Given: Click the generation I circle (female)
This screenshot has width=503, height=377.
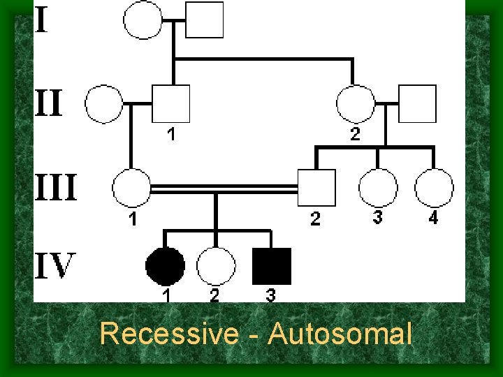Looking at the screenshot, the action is (143, 19).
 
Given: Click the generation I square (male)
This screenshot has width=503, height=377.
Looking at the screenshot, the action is (205, 19).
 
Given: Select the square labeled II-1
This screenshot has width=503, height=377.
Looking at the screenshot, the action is (171, 104).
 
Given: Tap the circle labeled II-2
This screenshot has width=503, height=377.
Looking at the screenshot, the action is (356, 104).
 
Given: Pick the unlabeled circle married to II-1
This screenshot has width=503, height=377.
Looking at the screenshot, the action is (103, 104).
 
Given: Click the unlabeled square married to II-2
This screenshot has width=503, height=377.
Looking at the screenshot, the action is (417, 104).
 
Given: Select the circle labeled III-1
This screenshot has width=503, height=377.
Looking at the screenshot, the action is (131, 188).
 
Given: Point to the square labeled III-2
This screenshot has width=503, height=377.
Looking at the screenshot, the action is (316, 188).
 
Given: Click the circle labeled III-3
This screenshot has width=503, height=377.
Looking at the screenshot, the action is (378, 188).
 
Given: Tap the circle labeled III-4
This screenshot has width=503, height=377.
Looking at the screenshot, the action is (434, 188).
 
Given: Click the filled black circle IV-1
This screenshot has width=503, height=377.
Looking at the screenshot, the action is (166, 267).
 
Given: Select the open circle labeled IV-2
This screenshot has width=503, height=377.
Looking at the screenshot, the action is (216, 267).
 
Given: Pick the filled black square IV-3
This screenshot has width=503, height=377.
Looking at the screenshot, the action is (272, 267).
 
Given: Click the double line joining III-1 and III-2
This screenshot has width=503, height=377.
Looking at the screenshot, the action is (224, 188).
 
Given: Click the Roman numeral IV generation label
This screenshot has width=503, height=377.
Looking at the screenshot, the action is (55, 266).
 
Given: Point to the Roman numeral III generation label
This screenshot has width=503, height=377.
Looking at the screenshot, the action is (57, 188).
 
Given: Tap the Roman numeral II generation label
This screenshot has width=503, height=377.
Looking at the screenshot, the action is (50, 104).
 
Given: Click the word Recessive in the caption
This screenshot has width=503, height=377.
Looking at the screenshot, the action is (168, 334).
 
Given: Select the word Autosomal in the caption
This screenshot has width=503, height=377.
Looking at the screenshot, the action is (340, 334).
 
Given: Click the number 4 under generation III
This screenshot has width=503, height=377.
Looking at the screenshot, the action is (433, 219).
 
